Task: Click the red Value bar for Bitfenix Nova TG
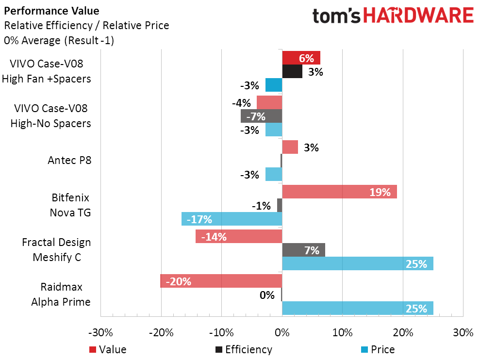point(339,192)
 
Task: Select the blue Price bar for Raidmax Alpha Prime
point(357,308)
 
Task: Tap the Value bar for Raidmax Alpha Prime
point(221,281)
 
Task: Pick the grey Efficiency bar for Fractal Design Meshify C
point(303,250)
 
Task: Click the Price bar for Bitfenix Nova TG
point(232,219)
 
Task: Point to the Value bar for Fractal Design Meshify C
point(239,236)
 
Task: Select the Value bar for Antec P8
point(290,147)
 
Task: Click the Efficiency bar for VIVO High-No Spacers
point(261,116)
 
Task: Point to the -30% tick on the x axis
point(101,333)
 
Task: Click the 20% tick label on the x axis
point(403,333)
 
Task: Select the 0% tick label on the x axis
point(282,333)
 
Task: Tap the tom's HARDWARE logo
point(393,16)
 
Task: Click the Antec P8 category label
point(69,160)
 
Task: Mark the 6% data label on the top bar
point(306,58)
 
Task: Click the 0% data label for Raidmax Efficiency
point(267,295)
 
